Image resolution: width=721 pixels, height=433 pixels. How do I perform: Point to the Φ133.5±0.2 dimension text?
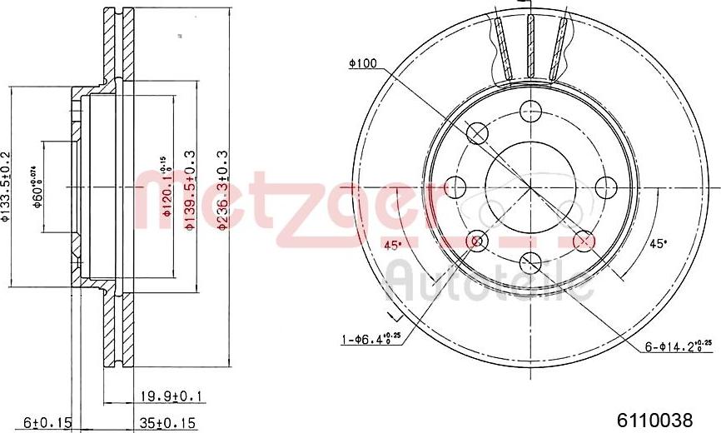[x=7, y=188]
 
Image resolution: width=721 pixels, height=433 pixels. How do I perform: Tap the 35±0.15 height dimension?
[x=166, y=423]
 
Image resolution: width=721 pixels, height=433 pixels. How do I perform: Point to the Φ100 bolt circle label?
[x=364, y=62]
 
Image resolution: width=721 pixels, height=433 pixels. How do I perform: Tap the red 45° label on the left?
[x=392, y=245]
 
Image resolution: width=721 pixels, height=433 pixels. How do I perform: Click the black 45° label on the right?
[x=658, y=243]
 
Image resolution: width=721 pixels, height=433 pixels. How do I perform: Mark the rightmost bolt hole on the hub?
[x=605, y=186]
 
